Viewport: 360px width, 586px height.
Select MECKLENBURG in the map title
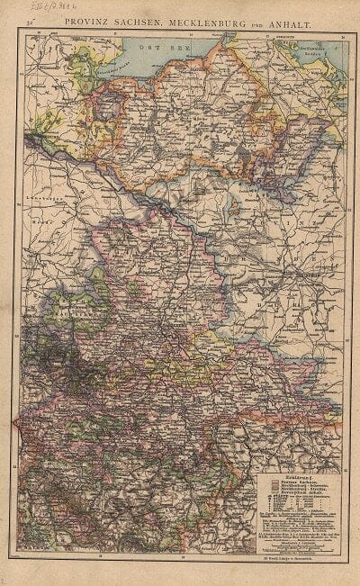(x=202, y=18)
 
